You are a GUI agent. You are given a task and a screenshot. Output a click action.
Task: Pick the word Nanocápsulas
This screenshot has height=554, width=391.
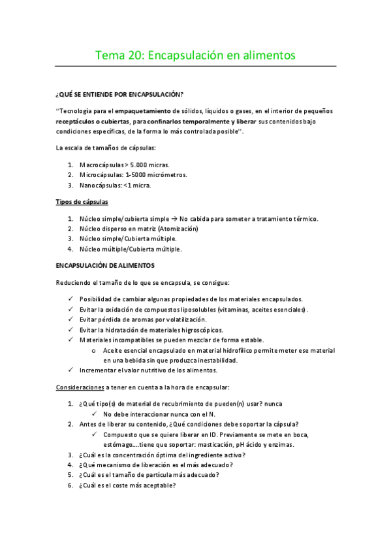point(100,186)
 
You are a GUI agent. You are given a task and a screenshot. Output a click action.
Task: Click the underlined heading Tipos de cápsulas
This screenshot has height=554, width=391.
point(82,202)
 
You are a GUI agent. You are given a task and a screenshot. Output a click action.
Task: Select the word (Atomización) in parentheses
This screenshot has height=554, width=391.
point(176,229)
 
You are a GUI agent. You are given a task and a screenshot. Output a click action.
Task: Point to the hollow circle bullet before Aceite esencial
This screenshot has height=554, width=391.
point(95,350)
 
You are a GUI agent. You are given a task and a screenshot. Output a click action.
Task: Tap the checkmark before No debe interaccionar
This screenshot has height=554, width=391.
point(95,414)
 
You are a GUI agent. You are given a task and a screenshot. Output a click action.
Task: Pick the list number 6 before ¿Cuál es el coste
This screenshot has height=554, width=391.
point(70,485)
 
